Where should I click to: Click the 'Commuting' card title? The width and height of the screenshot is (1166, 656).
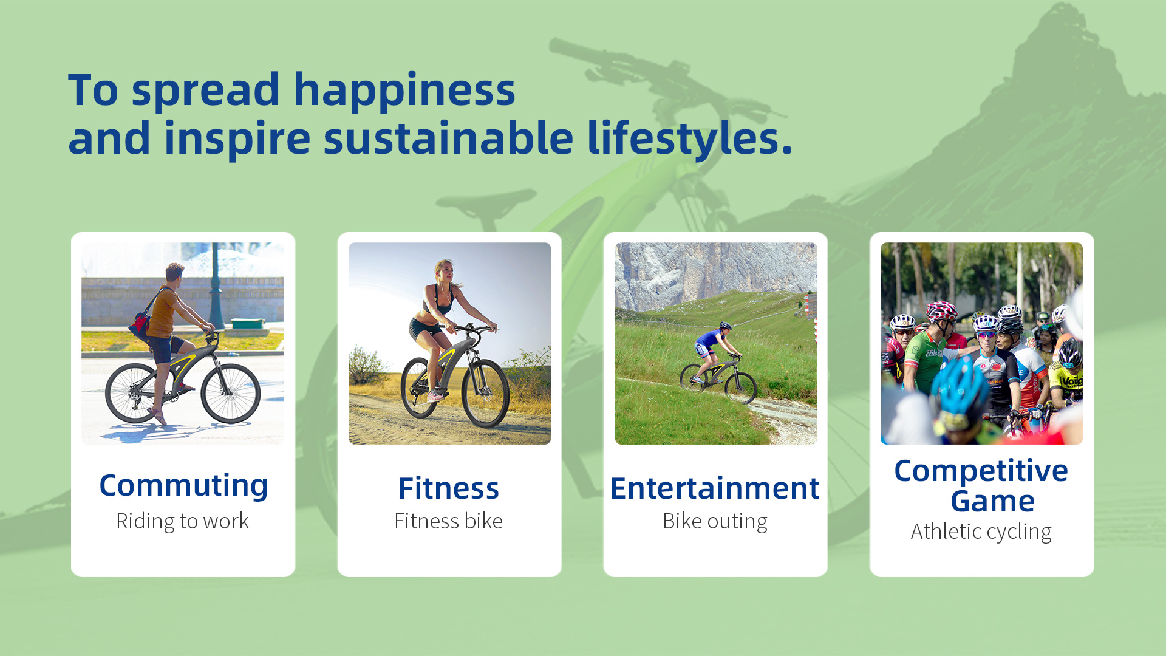[183, 487]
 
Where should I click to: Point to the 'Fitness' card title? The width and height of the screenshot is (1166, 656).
[449, 488]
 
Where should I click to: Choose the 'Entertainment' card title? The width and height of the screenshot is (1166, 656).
[715, 488]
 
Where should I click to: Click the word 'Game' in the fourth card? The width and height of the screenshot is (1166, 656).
[992, 501]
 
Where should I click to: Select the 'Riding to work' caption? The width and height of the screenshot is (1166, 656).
[183, 521]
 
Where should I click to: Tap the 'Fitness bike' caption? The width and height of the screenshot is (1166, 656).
[448, 521]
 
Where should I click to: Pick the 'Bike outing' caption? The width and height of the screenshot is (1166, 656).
[715, 521]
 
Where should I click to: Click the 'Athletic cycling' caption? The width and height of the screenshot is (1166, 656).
[981, 531]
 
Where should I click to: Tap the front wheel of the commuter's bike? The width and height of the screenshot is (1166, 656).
[231, 393]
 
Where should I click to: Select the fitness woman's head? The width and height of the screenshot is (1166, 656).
[444, 271]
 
